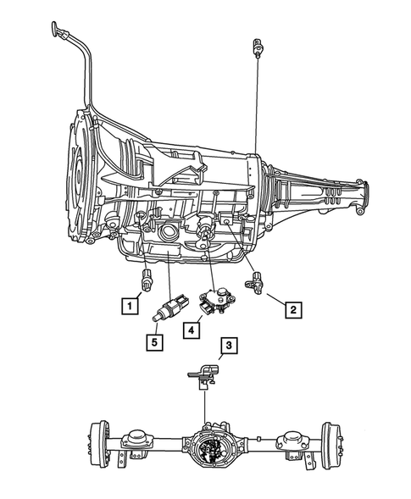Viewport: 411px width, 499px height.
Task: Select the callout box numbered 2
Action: coord(292,309)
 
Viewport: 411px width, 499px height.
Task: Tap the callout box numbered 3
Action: coord(228,345)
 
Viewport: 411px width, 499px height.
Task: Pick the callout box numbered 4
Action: coord(194,329)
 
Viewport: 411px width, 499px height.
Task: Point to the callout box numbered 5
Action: coord(153,342)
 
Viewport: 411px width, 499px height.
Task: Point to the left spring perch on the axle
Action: coord(136,441)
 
